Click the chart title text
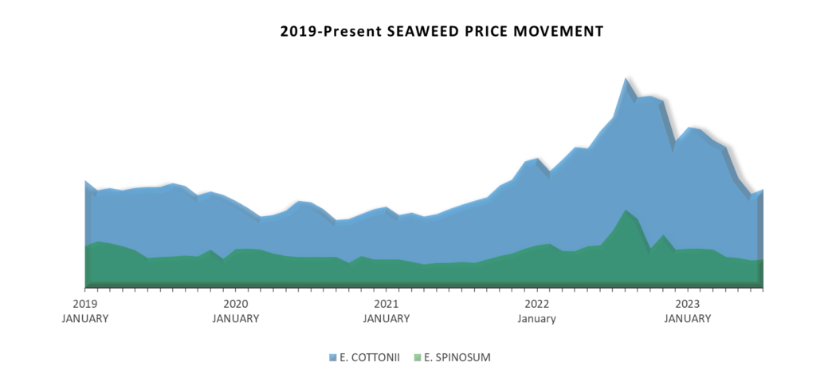pos(441,32)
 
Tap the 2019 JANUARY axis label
pos(85,311)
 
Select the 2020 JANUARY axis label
pos(236,311)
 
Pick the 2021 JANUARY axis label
pos(386,311)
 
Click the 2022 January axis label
pos(537,311)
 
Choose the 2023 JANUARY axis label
pos(688,311)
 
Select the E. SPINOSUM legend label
pos(457,357)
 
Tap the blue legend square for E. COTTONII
pos(333,357)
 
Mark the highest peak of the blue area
pos(626,78)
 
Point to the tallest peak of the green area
pos(626,210)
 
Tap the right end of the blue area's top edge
pos(763,191)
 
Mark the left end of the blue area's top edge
pos(85,182)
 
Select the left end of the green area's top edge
pos(85,246)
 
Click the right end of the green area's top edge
pos(763,261)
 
